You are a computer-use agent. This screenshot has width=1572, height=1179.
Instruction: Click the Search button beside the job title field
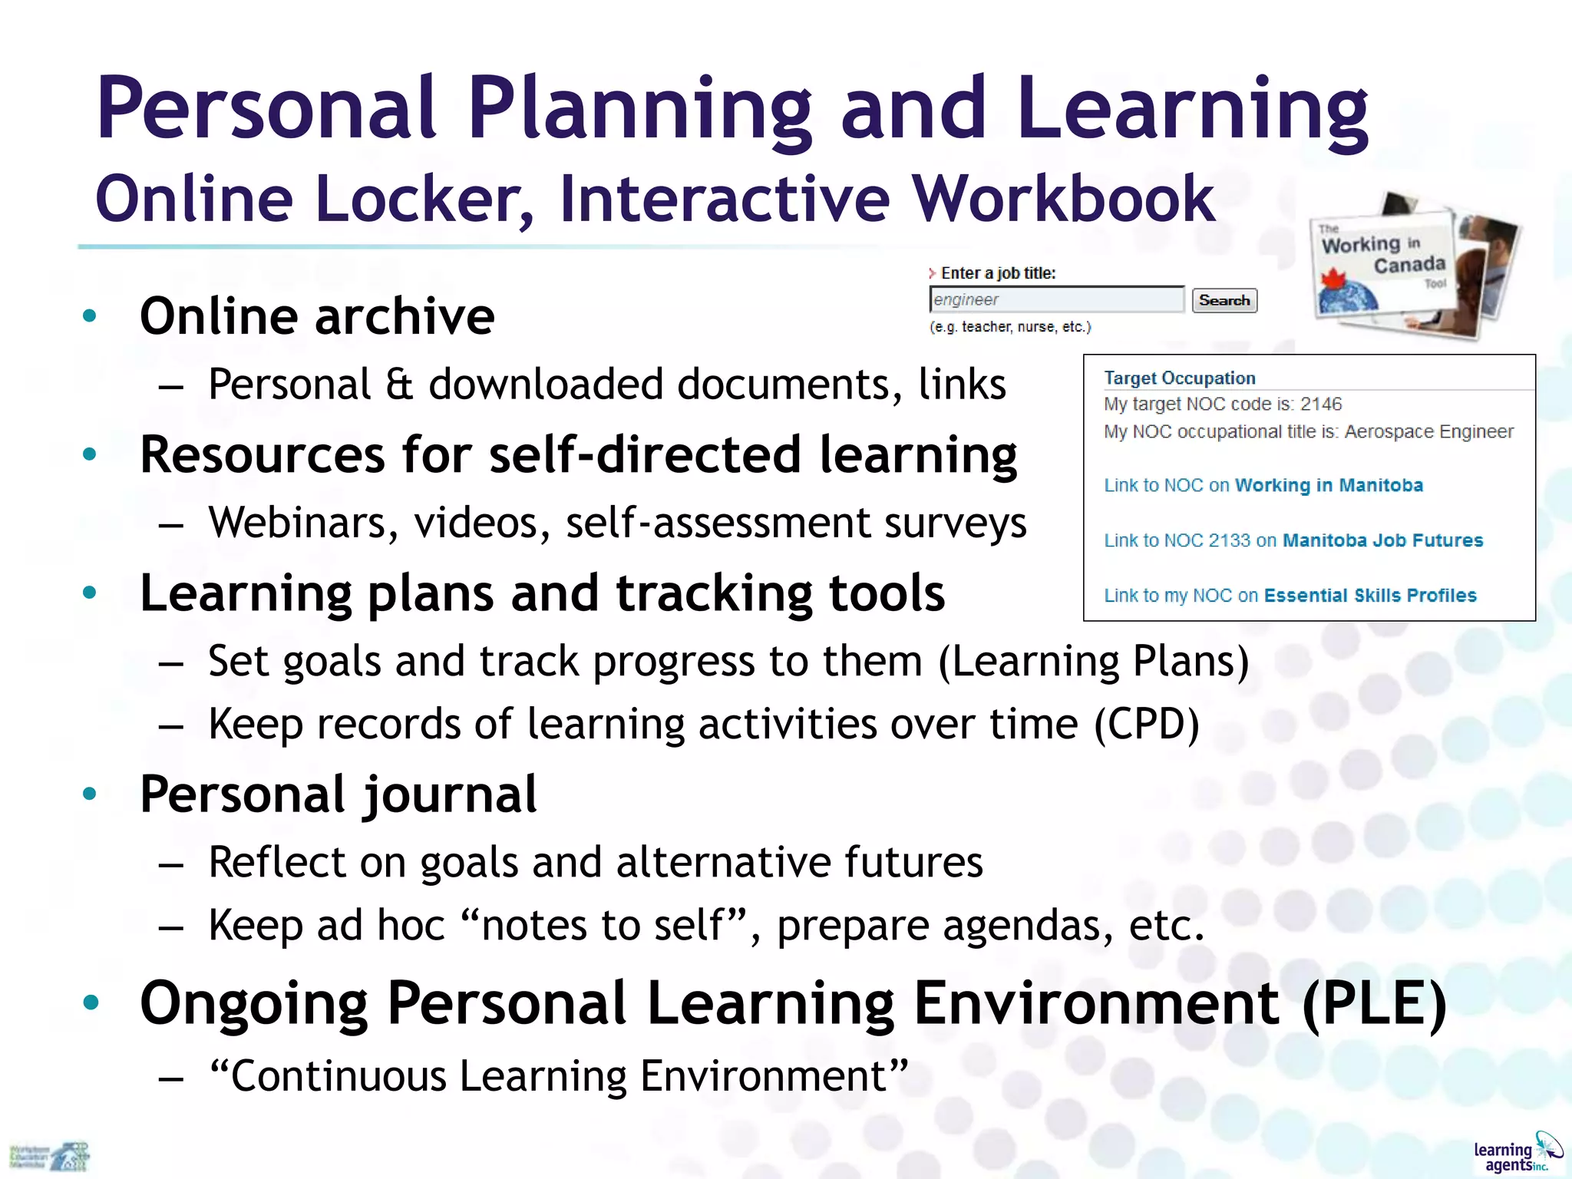pos(1224,300)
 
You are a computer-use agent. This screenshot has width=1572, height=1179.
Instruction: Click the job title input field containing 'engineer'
pos(1056,299)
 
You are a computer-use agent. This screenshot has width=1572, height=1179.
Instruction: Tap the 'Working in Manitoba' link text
pos(1329,485)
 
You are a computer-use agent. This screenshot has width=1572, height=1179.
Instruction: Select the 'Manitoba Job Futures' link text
pos(1382,540)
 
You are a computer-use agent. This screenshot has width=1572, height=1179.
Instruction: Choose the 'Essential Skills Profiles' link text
pos(1370,596)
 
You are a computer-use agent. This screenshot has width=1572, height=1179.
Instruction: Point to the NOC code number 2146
pos(1321,404)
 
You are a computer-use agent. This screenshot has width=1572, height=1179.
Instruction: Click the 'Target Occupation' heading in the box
pos(1180,378)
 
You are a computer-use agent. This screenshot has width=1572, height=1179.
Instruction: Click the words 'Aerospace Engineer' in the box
pos(1428,431)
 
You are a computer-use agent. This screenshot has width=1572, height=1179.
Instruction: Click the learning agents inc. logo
pos(1516,1152)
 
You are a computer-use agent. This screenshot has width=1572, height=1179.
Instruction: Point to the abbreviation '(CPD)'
pos(1146,724)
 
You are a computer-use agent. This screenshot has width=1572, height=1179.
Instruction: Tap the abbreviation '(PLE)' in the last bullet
pos(1374,1002)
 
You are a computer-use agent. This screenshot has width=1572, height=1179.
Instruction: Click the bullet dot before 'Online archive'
pos(90,315)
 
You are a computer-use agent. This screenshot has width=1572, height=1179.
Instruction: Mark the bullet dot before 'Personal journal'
pos(90,794)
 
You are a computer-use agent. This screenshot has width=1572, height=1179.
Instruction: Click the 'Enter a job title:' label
pos(998,273)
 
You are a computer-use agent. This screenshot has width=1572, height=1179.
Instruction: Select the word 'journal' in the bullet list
pos(450,794)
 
